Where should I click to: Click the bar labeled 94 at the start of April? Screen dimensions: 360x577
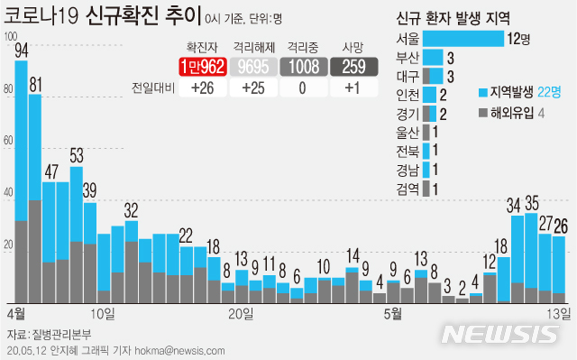coord(21,180)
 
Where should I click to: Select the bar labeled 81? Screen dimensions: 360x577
coord(35,198)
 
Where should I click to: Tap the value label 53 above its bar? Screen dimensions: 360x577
coord(77,154)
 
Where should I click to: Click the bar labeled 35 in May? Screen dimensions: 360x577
coord(532,258)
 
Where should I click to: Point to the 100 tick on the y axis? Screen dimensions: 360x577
coord(9,37)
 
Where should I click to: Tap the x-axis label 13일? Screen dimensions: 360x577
coord(560,313)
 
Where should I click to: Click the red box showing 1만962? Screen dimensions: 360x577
coord(202,66)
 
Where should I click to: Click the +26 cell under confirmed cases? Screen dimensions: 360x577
coord(202,88)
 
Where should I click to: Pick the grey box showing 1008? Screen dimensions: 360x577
coord(303,66)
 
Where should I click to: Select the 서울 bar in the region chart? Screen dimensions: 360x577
coord(463,38)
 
